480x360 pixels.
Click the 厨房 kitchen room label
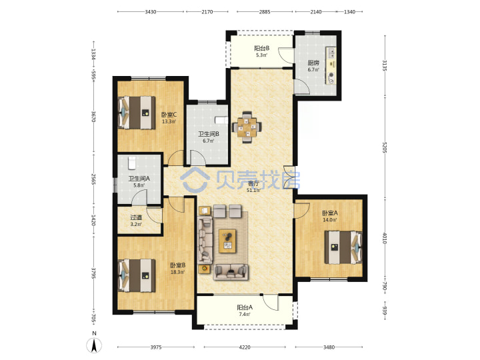pyautogui.click(x=313, y=63)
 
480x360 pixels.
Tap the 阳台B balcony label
pyautogui.click(x=262, y=48)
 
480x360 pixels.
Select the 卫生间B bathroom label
pyautogui.click(x=209, y=134)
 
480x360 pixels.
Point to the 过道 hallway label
pyautogui.click(x=136, y=217)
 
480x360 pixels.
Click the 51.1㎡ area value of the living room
pyautogui.click(x=253, y=190)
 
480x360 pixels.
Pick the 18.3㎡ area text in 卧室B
pyautogui.click(x=177, y=272)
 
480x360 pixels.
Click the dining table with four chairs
pyautogui.click(x=247, y=127)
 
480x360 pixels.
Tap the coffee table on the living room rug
pyautogui.click(x=227, y=241)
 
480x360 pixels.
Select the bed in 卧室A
pyautogui.click(x=343, y=247)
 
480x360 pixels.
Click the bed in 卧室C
pyautogui.click(x=137, y=113)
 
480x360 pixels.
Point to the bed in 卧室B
pyautogui.click(x=137, y=275)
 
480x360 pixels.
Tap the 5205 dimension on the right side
pyautogui.click(x=385, y=149)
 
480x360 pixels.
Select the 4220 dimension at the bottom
pyautogui.click(x=245, y=347)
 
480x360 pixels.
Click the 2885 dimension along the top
pyautogui.click(x=265, y=12)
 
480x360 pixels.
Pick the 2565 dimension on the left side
pyautogui.click(x=94, y=179)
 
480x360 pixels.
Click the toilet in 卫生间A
pyautogui.click(x=131, y=163)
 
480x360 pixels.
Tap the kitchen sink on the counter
pyautogui.click(x=331, y=53)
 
